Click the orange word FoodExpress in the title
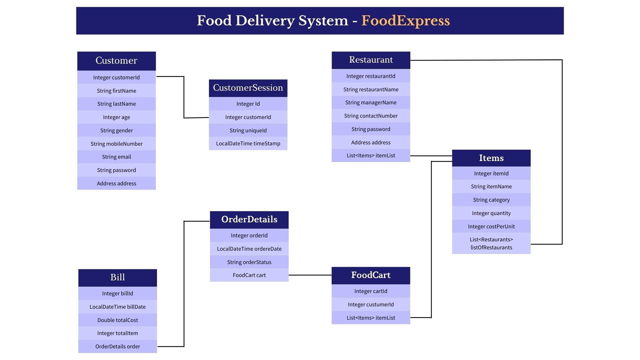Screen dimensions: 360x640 click(405, 21)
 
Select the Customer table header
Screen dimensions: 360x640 click(116, 61)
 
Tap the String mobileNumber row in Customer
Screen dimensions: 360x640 click(116, 144)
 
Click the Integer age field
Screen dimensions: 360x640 click(116, 117)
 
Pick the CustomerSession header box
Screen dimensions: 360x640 click(248, 88)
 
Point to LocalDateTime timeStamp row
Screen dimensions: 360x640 click(248, 144)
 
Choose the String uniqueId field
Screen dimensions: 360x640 click(248, 130)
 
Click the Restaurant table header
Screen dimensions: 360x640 click(371, 60)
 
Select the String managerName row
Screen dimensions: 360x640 click(371, 102)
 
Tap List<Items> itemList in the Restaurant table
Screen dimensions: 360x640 click(371, 156)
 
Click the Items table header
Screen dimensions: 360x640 click(491, 158)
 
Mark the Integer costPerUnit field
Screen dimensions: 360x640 click(491, 226)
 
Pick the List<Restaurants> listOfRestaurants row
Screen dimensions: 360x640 click(491, 243)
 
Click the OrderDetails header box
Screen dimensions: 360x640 click(249, 219)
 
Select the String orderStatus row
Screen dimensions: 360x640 click(249, 262)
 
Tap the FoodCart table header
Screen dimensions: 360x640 click(371, 275)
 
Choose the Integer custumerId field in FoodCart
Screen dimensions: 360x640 click(371, 304)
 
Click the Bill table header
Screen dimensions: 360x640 click(117, 277)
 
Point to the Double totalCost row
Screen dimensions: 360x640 click(117, 320)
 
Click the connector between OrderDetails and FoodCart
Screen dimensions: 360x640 click(310, 275)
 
